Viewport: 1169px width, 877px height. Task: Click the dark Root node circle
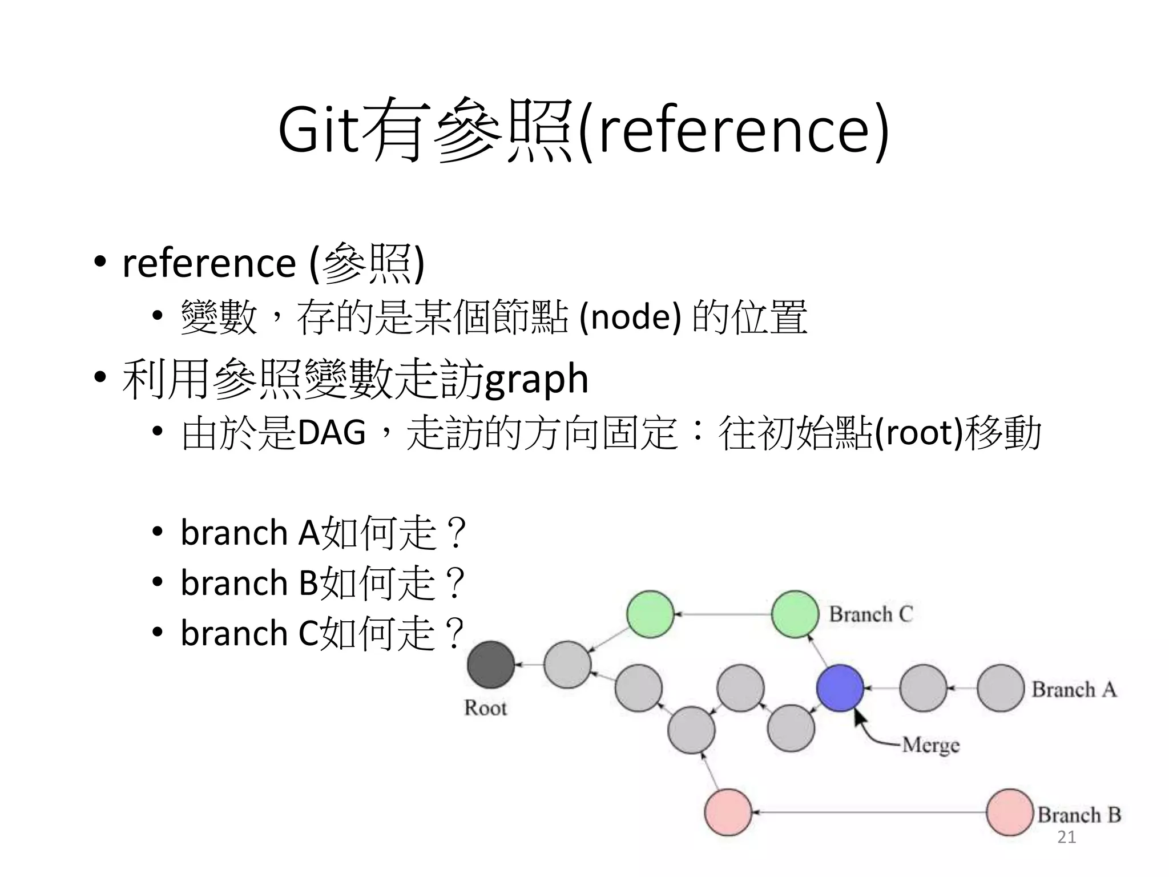coord(490,665)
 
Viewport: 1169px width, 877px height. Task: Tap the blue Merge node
coord(840,688)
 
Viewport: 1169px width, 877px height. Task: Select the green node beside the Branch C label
coord(795,614)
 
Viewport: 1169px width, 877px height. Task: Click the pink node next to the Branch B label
coord(1010,812)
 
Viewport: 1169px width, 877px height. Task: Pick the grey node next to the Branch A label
coord(1000,688)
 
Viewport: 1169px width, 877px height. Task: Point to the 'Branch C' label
coord(870,614)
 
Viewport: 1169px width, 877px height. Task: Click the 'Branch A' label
coord(1074,690)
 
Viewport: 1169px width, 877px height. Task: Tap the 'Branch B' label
coord(1079,815)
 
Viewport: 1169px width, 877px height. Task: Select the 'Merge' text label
coord(930,745)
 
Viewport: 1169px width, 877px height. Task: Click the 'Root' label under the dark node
coord(485,708)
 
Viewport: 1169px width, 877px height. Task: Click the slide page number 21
coord(1066,837)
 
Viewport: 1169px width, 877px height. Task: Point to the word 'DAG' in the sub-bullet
coord(331,432)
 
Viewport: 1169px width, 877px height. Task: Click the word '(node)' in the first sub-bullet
coord(630,317)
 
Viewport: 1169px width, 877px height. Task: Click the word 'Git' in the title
coord(319,130)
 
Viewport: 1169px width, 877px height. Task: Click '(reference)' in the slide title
coord(733,130)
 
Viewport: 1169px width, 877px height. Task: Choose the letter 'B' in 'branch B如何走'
coord(308,583)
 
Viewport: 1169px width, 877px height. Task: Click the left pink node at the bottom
coord(728,812)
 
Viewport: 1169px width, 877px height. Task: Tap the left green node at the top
coord(650,614)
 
